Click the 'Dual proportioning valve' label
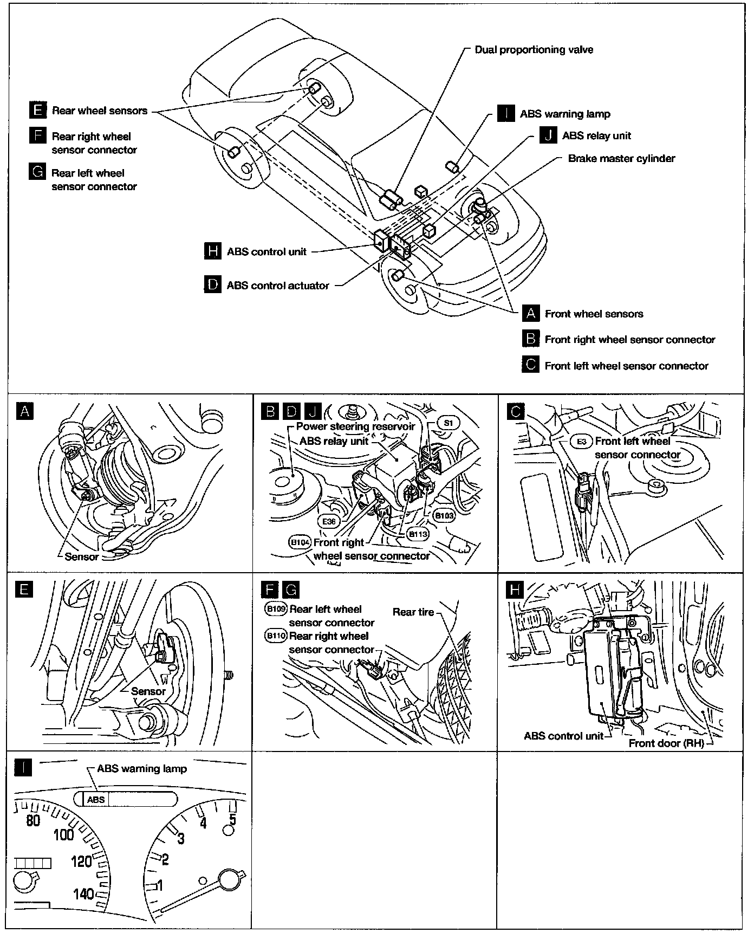[534, 50]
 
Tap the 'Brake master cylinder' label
[621, 159]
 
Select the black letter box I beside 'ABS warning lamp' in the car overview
[505, 114]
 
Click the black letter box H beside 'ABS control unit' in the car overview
[213, 251]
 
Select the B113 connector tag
[418, 534]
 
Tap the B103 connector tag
[444, 515]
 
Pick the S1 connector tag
[448, 422]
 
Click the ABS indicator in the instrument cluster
[96, 799]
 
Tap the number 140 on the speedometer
[83, 893]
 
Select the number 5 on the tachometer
[232, 820]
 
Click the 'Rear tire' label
[413, 612]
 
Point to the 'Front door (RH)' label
[666, 743]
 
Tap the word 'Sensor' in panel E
[148, 691]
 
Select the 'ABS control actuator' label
[277, 286]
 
